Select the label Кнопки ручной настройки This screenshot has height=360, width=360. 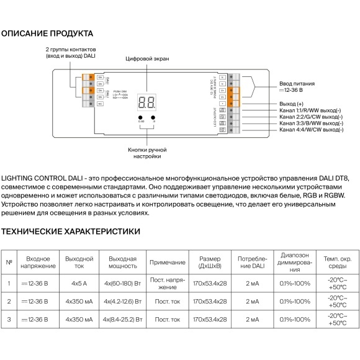click(147, 153)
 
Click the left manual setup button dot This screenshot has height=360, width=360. click(140, 117)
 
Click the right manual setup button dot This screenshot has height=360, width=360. click(153, 117)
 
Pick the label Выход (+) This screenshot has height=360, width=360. click(292, 103)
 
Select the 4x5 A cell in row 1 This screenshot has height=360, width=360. click(79, 284)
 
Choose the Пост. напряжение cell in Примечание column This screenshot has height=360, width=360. click(168, 284)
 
